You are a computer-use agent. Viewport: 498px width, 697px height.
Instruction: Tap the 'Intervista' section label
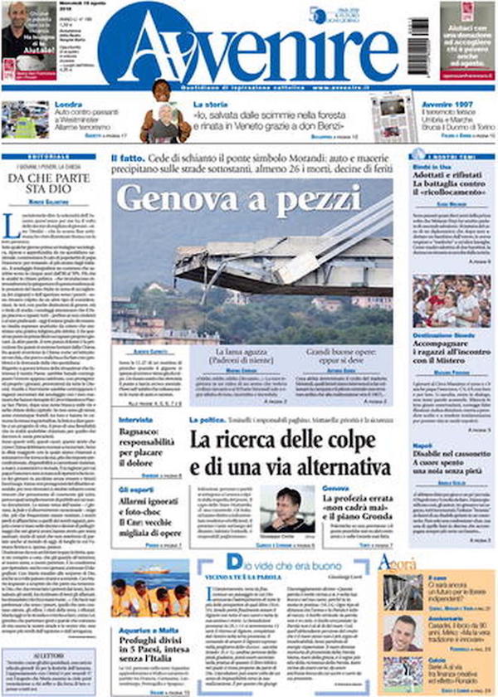[130, 420]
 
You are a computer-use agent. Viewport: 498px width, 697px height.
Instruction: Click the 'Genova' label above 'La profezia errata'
[335, 488]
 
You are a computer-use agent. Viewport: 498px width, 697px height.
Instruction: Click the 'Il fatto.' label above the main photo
[126, 157]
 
